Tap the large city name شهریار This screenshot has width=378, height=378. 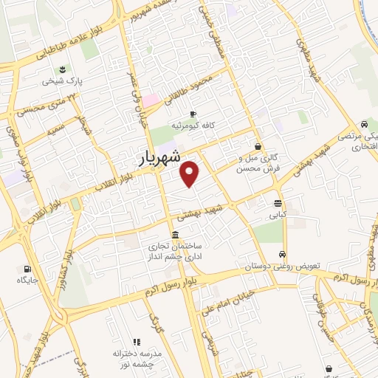(x=159, y=157)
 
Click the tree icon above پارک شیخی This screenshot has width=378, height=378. (x=62, y=69)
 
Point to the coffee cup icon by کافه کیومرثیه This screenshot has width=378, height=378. (x=193, y=114)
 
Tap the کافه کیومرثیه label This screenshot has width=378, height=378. (x=193, y=126)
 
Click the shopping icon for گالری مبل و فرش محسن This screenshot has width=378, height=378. (x=258, y=146)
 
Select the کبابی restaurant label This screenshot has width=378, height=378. (x=276, y=215)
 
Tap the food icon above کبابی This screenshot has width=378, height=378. (x=278, y=203)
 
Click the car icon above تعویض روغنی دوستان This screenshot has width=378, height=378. (x=283, y=254)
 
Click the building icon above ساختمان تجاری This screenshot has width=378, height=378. (x=174, y=235)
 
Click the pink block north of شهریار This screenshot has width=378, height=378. (x=150, y=99)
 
